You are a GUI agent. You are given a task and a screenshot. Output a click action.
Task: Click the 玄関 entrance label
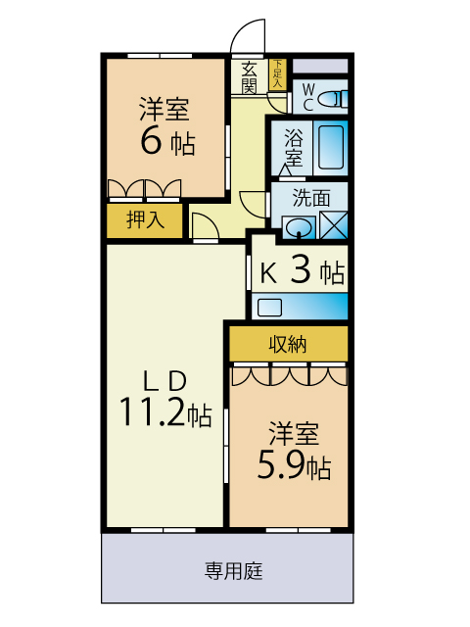(249, 77)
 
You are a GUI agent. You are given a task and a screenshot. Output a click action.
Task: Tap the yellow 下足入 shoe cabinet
(277, 74)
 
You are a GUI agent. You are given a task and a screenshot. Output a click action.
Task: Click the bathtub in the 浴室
(331, 148)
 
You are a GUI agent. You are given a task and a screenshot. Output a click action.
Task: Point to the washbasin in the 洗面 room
(299, 228)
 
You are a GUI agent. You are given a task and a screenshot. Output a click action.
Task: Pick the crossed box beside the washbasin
(334, 225)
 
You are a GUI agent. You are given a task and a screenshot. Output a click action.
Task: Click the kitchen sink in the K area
(270, 308)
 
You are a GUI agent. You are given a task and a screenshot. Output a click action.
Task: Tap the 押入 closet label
(145, 219)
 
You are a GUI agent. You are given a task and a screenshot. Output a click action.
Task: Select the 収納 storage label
(288, 344)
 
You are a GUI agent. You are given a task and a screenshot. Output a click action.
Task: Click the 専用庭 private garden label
(234, 570)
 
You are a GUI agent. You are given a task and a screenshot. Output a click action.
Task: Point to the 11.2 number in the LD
(153, 411)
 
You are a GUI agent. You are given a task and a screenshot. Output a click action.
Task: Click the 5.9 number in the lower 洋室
(281, 464)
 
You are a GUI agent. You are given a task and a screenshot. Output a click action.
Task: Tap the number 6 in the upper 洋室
(152, 141)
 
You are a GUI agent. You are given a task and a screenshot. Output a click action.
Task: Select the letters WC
(308, 97)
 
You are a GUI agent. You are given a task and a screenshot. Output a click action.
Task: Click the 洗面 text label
(311, 198)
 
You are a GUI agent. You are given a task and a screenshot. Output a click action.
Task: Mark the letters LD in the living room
(165, 381)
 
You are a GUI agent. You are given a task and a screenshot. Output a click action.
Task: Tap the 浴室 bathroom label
(294, 147)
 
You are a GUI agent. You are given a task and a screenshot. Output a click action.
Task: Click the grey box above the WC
(320, 66)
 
